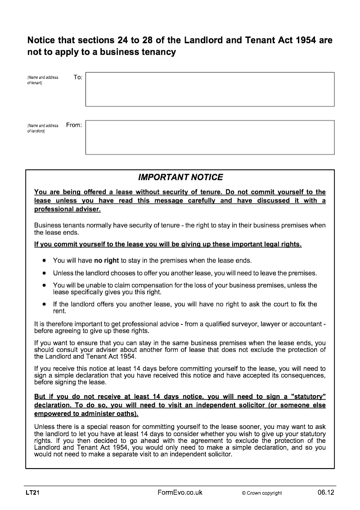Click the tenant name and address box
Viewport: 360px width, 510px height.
pos(210,89)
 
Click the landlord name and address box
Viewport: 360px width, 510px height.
pos(210,137)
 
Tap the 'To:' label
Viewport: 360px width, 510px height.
pos(78,77)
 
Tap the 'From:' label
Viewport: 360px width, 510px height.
pos(74,125)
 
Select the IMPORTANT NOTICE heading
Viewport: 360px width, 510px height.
pos(180,177)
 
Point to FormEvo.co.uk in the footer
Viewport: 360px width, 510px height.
pos(180,493)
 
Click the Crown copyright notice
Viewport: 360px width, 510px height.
pos(261,493)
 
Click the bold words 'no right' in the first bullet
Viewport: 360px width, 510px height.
pos(107,261)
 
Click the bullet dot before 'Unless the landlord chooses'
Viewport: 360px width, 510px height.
pos(44,273)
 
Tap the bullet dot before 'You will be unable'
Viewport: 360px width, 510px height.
pos(44,285)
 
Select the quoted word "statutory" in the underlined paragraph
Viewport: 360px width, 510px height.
pos(308,396)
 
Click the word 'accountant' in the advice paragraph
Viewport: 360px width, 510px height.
pos(306,324)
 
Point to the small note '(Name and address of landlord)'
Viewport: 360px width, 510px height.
pos(42,128)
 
